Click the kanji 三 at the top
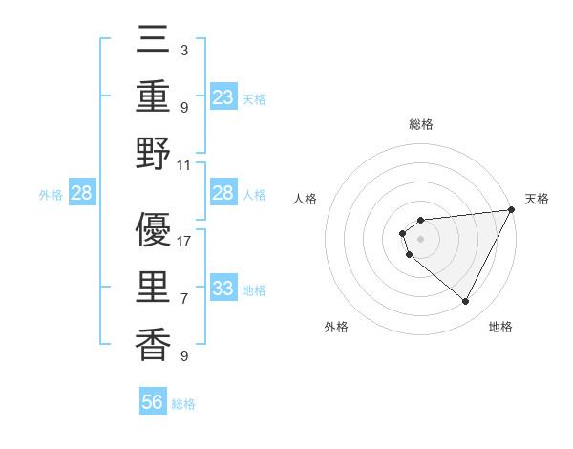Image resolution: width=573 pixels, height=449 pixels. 154,41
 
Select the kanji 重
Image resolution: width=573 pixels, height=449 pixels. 154,96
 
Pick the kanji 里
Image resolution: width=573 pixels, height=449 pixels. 154,288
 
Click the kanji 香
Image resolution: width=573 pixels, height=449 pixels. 154,344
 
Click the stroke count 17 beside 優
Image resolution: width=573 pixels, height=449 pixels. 184,242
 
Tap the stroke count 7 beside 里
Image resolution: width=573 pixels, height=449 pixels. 184,299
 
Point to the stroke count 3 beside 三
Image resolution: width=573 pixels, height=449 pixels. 184,51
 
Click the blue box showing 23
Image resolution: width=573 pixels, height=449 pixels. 223,96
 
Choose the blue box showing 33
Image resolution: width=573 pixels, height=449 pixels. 223,289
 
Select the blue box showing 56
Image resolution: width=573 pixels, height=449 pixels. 153,402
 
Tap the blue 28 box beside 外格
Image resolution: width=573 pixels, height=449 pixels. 82,194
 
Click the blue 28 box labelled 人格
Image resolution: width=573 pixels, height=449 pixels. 223,194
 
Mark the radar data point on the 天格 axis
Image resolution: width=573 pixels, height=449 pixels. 511,211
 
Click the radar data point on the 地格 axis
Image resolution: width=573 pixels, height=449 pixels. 466,302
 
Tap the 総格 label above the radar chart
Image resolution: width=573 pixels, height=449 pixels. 421,124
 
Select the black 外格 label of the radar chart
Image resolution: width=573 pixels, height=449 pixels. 336,327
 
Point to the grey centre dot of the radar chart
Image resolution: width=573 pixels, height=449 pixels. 421,237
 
